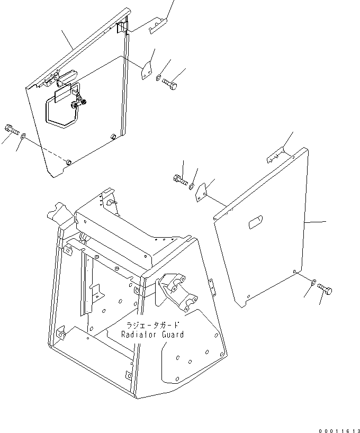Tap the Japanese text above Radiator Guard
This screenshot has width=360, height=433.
tap(152, 325)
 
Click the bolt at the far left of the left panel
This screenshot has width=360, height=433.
tap(11, 129)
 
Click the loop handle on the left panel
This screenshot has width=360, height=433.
tap(61, 109)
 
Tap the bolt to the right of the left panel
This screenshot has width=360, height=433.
tap(170, 83)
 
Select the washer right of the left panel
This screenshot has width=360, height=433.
tap(158, 79)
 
